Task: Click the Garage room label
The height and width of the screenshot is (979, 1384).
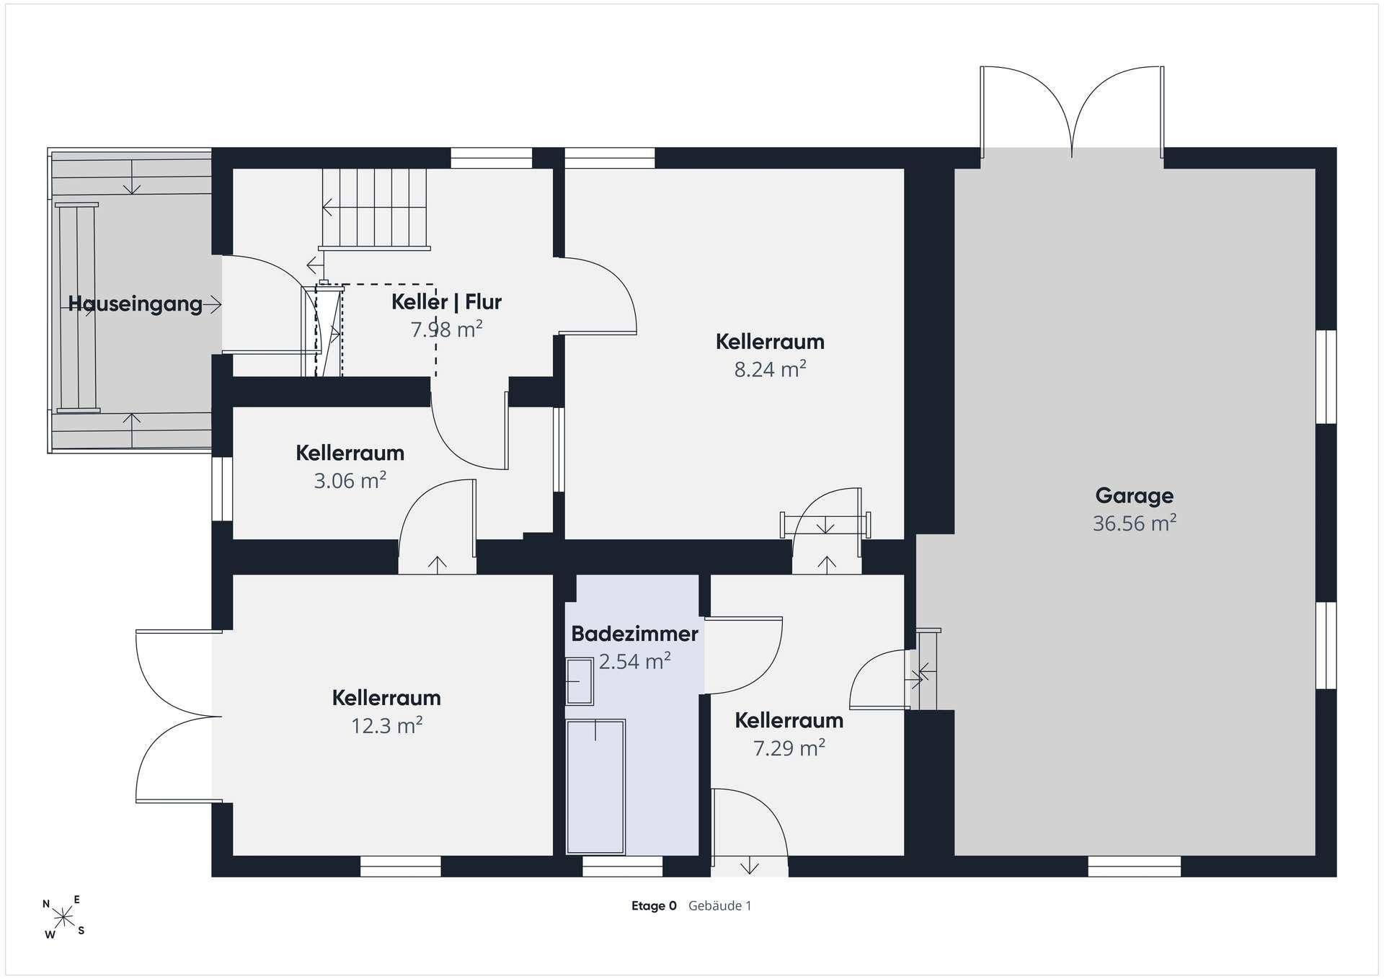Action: [x=1134, y=495]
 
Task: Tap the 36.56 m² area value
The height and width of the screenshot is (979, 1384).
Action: [x=1134, y=523]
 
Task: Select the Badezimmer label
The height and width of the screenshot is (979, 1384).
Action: [x=634, y=634]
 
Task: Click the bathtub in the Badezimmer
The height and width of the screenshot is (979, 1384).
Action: [x=595, y=786]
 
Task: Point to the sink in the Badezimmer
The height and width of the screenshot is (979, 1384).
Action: [x=580, y=681]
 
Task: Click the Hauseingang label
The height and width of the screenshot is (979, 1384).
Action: [x=136, y=304]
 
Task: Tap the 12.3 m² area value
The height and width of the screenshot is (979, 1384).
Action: [x=386, y=725]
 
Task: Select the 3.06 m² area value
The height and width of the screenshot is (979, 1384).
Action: [x=350, y=480]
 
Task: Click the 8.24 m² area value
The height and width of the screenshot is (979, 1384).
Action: [x=770, y=369]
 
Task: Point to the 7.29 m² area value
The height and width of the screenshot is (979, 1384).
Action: [x=789, y=748]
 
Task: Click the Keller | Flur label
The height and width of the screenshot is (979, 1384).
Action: [x=446, y=302]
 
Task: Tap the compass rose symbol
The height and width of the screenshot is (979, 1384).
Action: [x=64, y=917]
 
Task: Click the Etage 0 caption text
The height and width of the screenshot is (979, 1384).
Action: [x=654, y=906]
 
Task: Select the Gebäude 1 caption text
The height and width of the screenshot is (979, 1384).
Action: [x=719, y=906]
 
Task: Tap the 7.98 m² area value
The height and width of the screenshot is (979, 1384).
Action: [x=446, y=329]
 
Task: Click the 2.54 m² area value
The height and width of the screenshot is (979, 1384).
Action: [x=634, y=661]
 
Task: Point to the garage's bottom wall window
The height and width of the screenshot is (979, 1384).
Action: [x=1134, y=867]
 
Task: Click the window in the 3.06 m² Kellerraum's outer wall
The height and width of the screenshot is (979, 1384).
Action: [x=222, y=488]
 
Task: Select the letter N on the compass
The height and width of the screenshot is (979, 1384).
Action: [x=46, y=903]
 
